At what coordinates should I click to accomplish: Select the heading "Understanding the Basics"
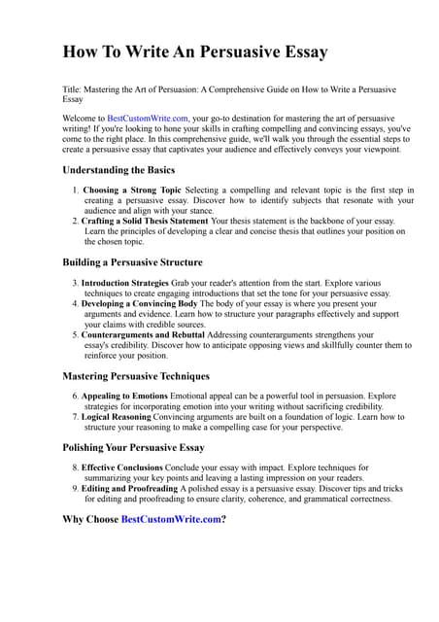(x=118, y=170)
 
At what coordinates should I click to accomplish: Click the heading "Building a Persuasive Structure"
(x=132, y=262)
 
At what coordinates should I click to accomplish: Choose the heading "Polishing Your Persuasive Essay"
(x=133, y=448)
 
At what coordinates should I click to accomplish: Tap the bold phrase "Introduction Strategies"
(x=130, y=282)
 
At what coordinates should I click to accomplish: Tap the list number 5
(x=75, y=334)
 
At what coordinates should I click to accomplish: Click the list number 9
(x=75, y=488)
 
